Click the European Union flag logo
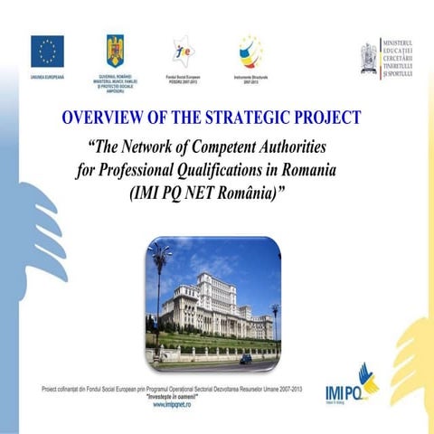coord(47,52)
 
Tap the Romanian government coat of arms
coord(115,51)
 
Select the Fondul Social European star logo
coord(183,49)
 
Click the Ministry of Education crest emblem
coord(369,54)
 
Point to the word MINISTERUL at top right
coord(406,42)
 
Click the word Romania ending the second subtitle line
coord(331,170)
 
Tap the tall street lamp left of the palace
coord(161,289)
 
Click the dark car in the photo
coord(246,359)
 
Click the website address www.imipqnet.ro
coord(171,404)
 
